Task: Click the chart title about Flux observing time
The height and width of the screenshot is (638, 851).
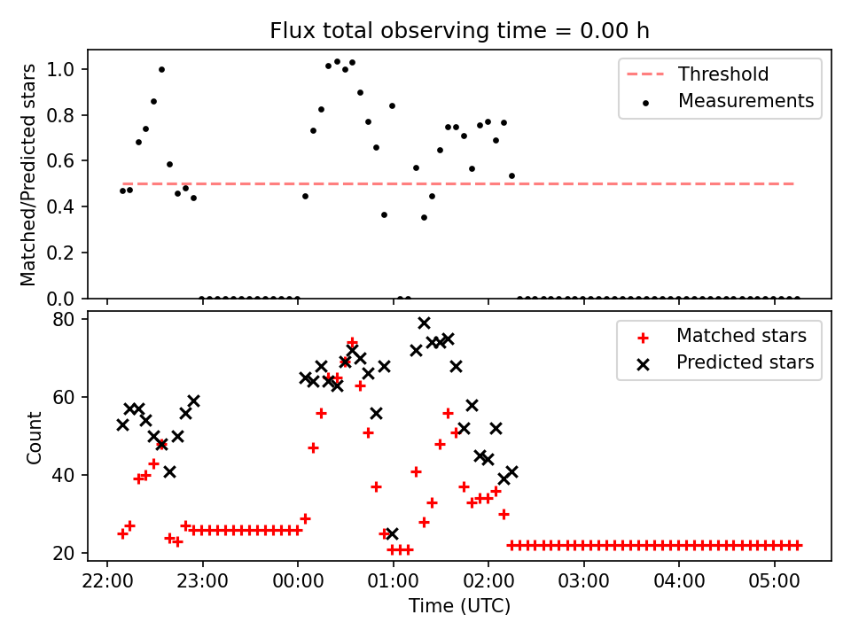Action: (x=459, y=31)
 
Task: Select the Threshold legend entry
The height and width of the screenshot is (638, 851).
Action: (x=723, y=74)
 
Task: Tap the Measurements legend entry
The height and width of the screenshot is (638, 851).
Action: (x=746, y=101)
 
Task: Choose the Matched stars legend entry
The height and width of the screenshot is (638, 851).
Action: (x=741, y=336)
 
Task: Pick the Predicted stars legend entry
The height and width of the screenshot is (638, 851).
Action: (x=745, y=362)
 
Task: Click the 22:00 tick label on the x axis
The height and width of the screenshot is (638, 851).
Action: (x=107, y=584)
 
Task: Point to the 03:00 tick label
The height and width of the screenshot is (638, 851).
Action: (x=583, y=584)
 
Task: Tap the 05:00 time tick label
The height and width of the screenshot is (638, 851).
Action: (x=774, y=584)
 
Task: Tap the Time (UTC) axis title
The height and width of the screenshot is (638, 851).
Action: (x=459, y=607)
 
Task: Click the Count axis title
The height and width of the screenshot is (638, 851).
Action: (x=35, y=438)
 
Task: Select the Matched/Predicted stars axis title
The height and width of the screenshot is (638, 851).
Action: (x=29, y=175)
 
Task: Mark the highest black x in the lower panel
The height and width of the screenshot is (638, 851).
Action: (x=424, y=323)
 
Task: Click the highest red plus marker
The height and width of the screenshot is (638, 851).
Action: (x=352, y=342)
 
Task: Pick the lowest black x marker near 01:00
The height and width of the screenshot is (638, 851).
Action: (x=392, y=533)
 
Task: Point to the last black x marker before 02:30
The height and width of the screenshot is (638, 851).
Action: (x=511, y=471)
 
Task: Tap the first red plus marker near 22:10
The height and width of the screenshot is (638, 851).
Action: (x=122, y=533)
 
